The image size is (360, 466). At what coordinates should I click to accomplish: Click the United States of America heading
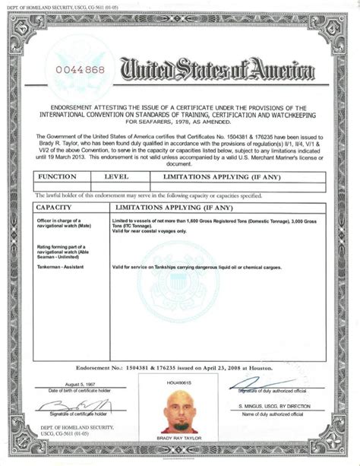[216, 71]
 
